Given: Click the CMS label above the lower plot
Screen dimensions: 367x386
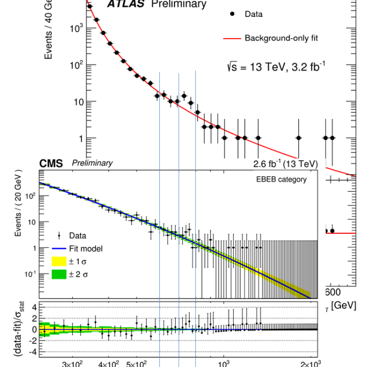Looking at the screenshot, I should (x=51, y=163).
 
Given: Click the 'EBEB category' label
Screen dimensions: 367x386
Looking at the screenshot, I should (x=281, y=179).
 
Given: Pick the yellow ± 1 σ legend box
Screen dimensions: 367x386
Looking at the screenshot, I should (x=58, y=262).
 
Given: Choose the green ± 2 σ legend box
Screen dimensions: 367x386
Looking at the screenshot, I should (x=58, y=274).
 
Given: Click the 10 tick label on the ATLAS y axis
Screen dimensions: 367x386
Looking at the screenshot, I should (x=77, y=102).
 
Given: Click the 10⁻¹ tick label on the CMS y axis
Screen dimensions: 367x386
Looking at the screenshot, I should (x=29, y=273).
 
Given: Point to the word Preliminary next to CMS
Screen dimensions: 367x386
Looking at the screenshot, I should (x=92, y=163).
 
